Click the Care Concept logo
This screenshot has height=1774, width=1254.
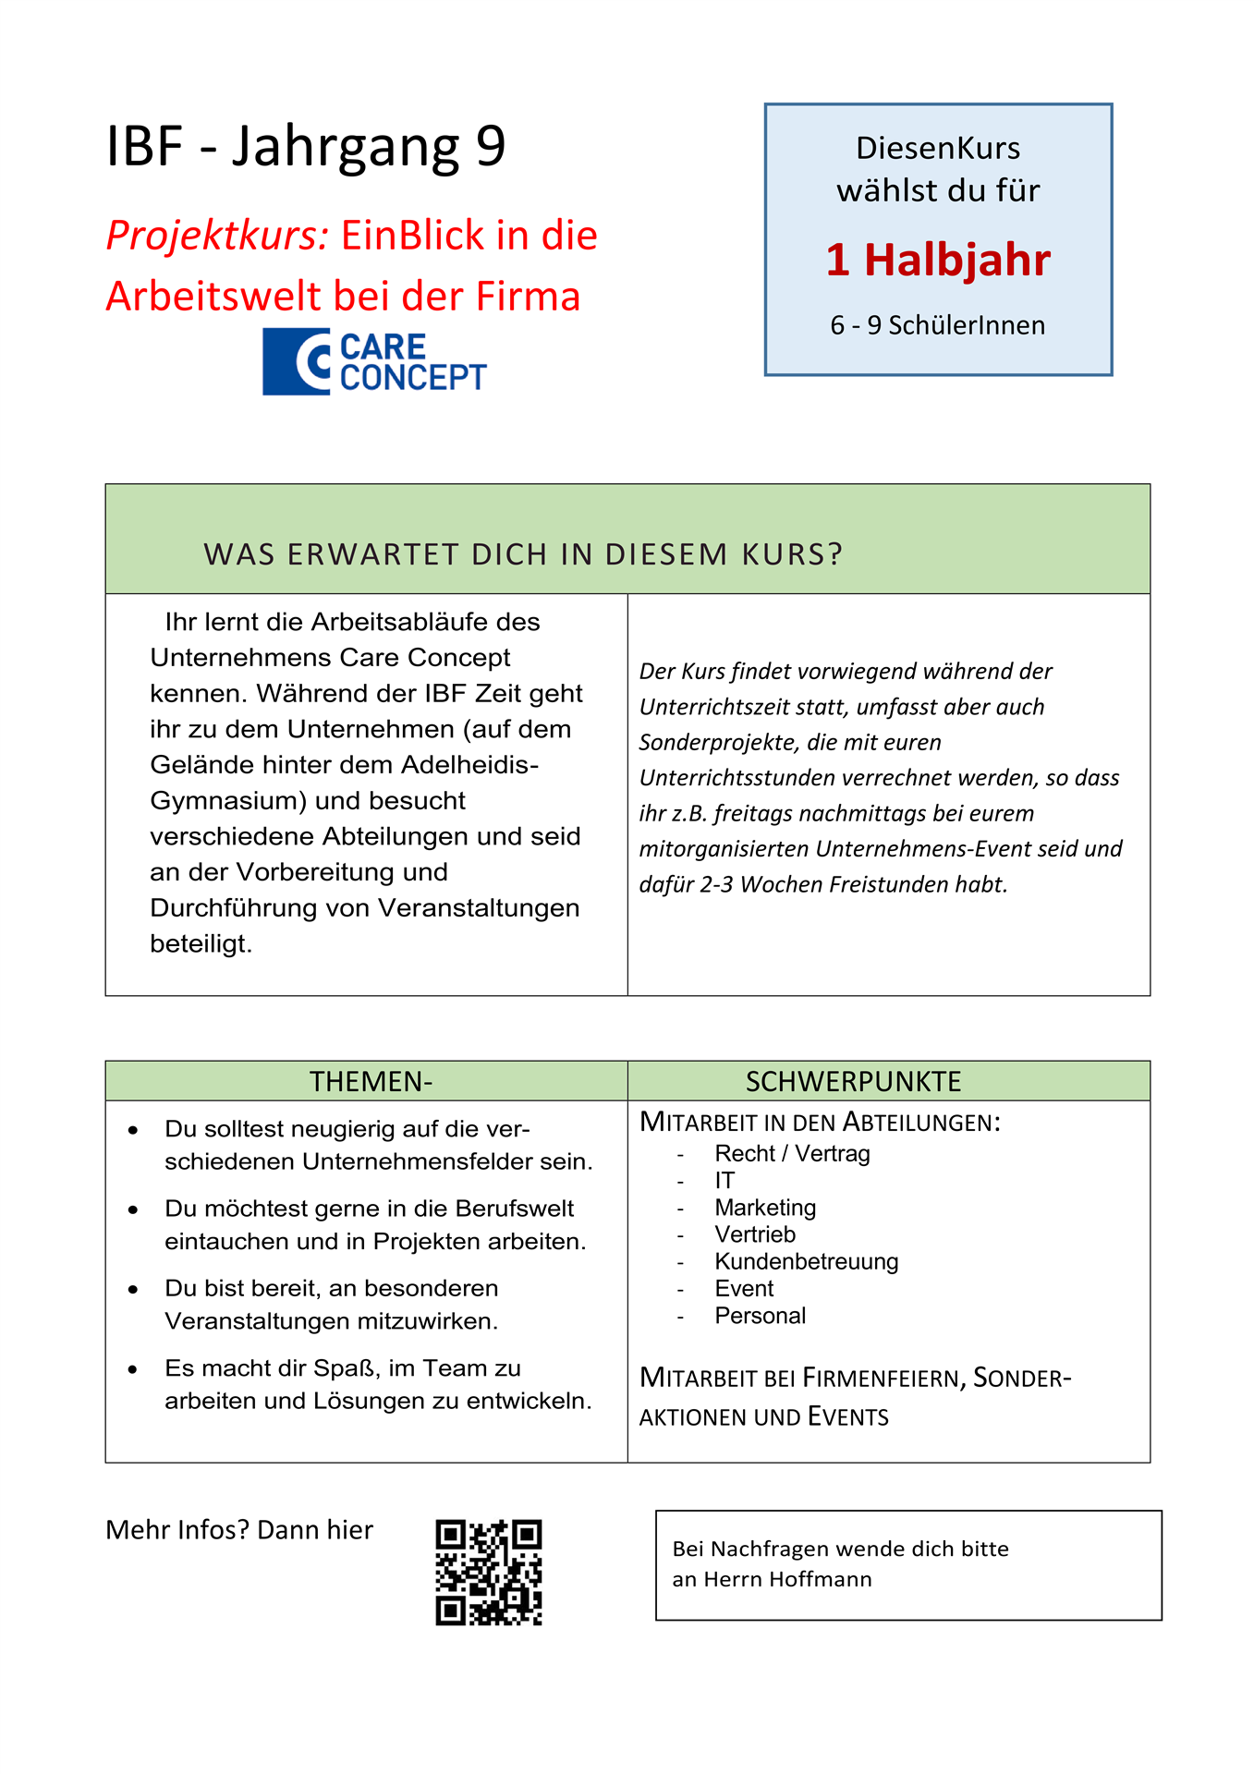coord(374,362)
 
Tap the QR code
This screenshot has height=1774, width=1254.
coord(488,1573)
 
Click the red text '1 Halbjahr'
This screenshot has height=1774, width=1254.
coord(938,260)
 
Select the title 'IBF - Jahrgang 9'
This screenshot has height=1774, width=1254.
coord(306,146)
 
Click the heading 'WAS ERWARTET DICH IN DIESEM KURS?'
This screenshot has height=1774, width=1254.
coord(523,554)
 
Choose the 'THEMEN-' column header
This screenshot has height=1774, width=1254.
coord(371,1081)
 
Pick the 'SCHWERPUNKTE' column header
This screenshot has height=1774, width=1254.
coord(853,1081)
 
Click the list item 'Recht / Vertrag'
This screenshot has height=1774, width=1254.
coord(792,1154)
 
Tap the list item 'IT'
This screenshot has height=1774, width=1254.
coord(724,1181)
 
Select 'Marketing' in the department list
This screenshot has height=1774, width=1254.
coord(765,1208)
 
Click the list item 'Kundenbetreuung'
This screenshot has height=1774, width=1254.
coord(806,1262)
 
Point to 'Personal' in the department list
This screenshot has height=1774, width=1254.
coord(760,1316)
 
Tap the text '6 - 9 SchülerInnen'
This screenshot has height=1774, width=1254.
coord(938,325)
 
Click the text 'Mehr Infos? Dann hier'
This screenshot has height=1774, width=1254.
coord(239,1530)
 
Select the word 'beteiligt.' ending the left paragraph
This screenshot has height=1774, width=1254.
coord(201,944)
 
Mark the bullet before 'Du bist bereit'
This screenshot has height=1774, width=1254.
coord(134,1290)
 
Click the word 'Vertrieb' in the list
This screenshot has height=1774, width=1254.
coord(755,1235)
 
